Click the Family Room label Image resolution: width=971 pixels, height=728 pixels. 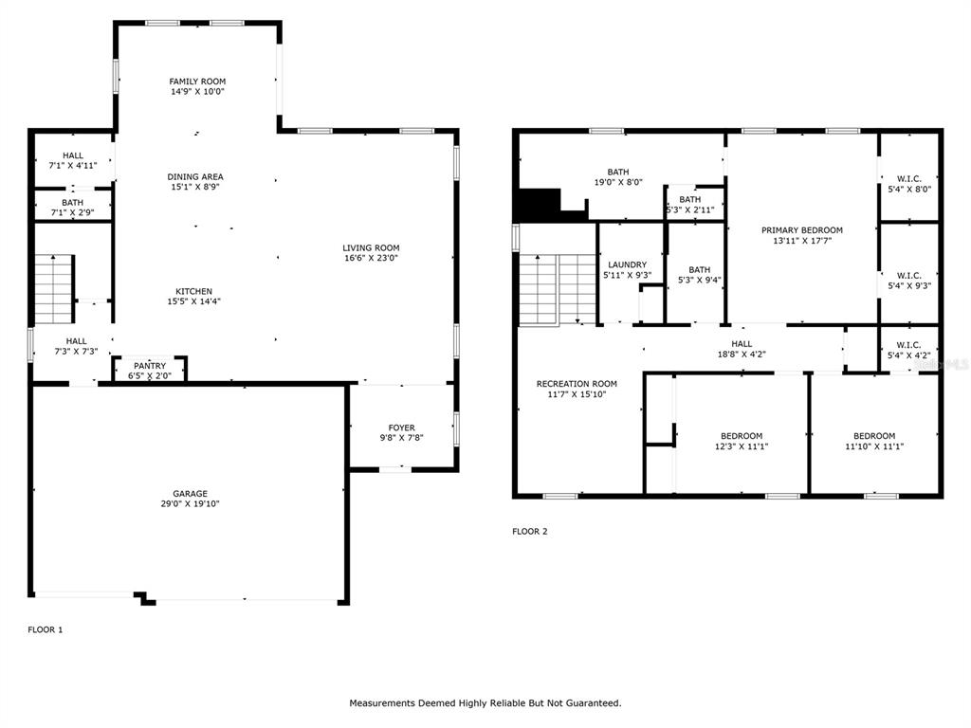(x=197, y=82)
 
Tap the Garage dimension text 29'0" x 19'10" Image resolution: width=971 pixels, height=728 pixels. (x=190, y=504)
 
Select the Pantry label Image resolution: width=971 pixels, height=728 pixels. (x=150, y=366)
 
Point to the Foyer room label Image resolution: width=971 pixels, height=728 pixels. (x=402, y=428)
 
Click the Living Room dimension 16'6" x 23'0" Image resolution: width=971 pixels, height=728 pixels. (x=371, y=258)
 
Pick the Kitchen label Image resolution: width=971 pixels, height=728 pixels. (x=193, y=292)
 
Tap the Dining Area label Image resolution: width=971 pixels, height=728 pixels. (x=195, y=176)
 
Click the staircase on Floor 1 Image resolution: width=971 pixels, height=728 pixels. (x=54, y=289)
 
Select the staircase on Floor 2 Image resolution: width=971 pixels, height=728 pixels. (x=558, y=289)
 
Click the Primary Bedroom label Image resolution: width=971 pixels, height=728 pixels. (x=802, y=230)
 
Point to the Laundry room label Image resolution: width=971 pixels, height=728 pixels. (x=628, y=265)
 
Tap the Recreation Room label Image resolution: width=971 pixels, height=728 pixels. (x=577, y=384)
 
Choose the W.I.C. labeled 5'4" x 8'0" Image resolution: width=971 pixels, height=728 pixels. (x=909, y=184)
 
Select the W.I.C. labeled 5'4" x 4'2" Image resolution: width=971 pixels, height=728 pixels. (x=909, y=351)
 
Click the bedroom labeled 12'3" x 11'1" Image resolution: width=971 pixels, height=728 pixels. (x=742, y=441)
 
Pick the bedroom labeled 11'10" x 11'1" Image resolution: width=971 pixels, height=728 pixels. (x=874, y=441)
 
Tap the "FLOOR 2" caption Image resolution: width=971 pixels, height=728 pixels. (x=529, y=531)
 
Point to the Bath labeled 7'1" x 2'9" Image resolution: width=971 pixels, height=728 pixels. (x=72, y=208)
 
